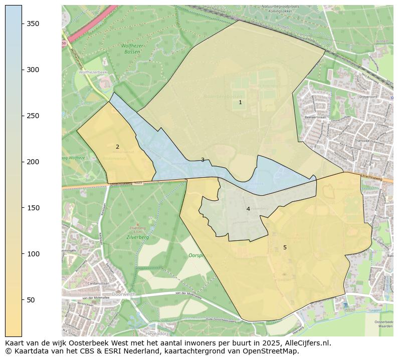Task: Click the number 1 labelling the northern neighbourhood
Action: coord(240,102)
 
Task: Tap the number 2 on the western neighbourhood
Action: coord(117,147)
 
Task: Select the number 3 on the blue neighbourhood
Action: coord(203,160)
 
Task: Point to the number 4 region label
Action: coord(248,209)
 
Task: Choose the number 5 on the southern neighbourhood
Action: coord(285,247)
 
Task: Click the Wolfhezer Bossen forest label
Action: coord(132,48)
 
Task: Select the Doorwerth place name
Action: coord(124,294)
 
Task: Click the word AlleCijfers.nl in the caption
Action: coord(306,343)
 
